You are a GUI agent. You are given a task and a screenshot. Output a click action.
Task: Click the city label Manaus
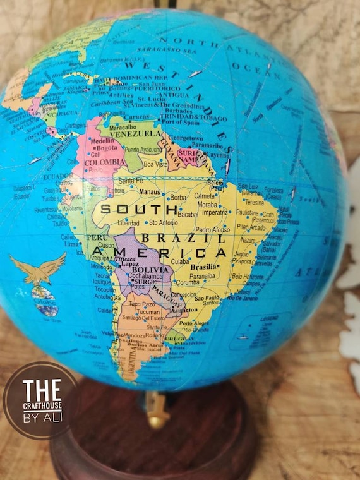150,191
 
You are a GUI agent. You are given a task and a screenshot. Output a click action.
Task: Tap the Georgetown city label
186,138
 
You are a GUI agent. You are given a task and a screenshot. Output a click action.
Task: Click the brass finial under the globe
157,411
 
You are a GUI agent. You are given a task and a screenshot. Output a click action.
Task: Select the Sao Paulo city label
207,297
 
